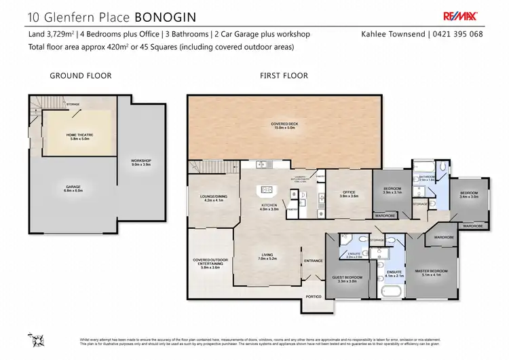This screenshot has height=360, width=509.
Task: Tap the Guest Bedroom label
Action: pyautogui.click(x=347, y=278)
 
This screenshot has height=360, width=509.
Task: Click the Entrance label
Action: pyautogui.click(x=313, y=260)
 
